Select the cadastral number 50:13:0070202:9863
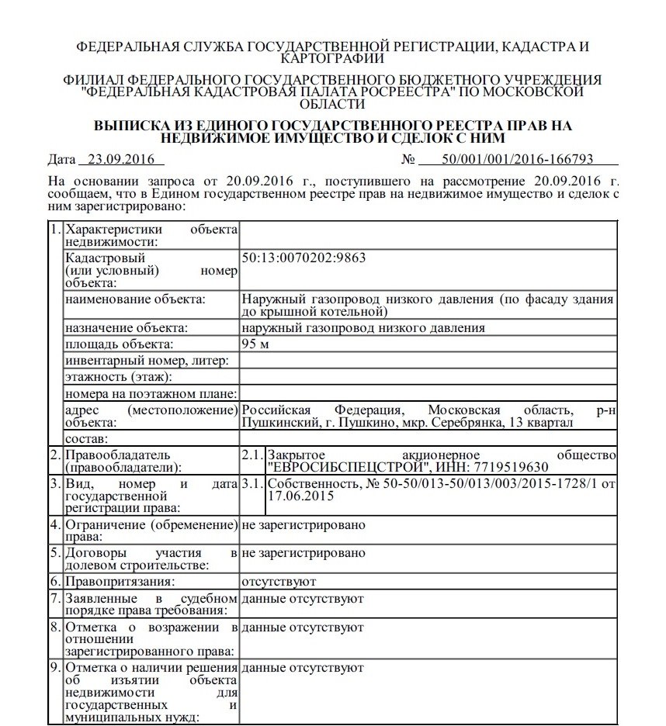click(x=304, y=258)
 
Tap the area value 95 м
click(x=255, y=344)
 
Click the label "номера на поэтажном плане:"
click(x=151, y=393)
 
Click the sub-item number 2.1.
click(x=252, y=455)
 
